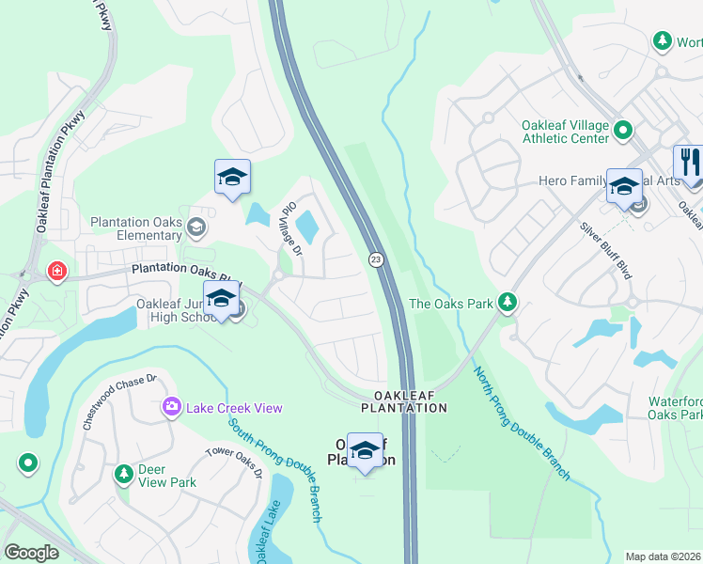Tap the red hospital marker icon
[57, 272]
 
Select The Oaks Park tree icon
[508, 302]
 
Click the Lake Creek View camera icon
[171, 407]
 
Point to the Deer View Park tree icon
[122, 474]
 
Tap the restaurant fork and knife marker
[688, 163]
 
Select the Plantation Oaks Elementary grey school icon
[196, 227]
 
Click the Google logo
[32, 553]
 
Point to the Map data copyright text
[663, 556]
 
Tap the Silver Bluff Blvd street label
[604, 249]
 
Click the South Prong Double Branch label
[276, 469]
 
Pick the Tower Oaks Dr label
[234, 462]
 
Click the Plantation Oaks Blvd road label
[186, 272]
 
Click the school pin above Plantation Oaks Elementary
[232, 177]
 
